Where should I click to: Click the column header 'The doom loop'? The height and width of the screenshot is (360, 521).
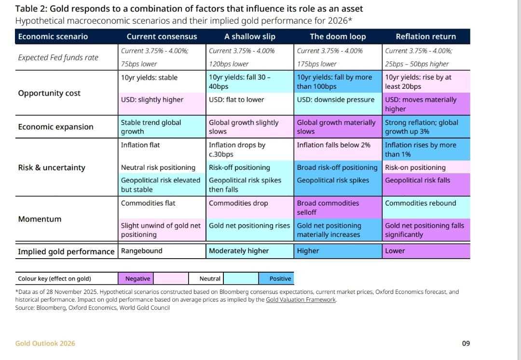337,37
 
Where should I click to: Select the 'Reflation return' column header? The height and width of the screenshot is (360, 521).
425,37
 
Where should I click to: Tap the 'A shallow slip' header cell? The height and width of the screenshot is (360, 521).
250,37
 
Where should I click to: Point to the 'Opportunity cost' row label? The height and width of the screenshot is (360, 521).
49,93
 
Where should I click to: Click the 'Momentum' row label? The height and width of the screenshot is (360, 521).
40,219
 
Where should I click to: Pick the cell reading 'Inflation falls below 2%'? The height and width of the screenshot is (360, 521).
333,145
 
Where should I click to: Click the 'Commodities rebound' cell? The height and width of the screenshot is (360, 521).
420,203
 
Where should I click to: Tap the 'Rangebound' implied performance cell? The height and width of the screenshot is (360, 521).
141,251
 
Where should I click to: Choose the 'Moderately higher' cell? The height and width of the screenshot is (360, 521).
239,251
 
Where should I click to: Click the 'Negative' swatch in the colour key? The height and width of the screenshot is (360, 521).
137,278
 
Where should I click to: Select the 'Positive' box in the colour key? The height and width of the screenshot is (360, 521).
280,278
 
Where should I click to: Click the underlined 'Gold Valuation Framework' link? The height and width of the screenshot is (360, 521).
301,300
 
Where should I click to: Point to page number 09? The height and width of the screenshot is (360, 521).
466,344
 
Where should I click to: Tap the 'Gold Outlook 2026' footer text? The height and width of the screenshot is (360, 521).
45,344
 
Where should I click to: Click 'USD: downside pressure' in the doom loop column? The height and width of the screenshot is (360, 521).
335,100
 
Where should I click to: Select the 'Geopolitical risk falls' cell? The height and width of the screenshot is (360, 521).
417,180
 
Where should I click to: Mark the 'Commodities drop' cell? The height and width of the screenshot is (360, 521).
238,203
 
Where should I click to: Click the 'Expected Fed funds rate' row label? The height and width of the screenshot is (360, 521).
58,57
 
